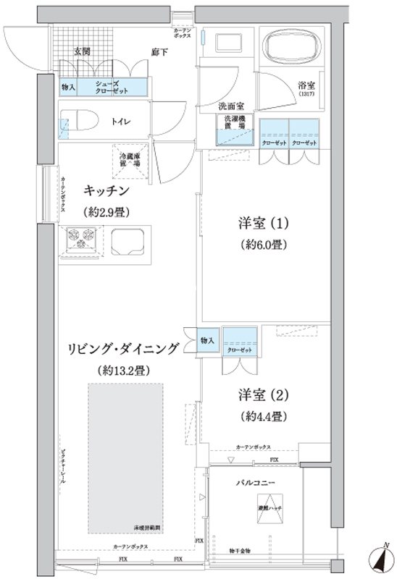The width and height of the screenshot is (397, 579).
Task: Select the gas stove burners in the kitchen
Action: point(82,239)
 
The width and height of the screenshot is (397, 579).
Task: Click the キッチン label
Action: point(106,191)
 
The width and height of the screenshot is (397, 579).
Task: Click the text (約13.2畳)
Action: point(122,371)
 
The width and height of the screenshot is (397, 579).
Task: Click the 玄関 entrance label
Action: point(82,51)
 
